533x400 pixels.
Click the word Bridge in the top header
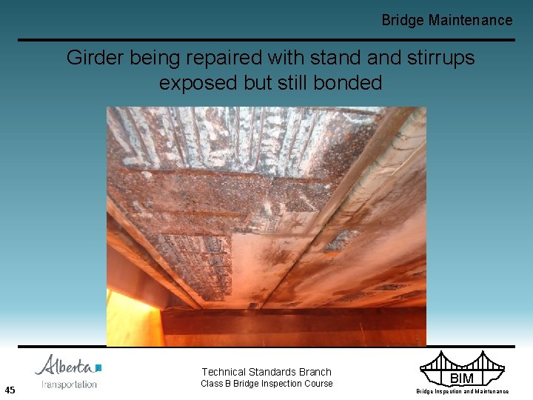pyautogui.click(x=403, y=21)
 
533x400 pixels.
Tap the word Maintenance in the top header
pyautogui.click(x=470, y=21)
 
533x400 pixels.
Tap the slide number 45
pyautogui.click(x=10, y=390)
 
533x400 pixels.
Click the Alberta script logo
pyautogui.click(x=65, y=366)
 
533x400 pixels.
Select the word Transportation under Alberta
pyautogui.click(x=70, y=384)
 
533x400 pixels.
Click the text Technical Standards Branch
pyautogui.click(x=266, y=372)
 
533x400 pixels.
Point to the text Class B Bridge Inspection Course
pyautogui.click(x=266, y=384)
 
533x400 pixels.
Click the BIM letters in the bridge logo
pyautogui.click(x=462, y=379)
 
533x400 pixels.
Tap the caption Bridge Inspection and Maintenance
pyautogui.click(x=462, y=391)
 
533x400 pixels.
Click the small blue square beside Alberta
pyautogui.click(x=98, y=367)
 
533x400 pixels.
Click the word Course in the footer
pyautogui.click(x=317, y=384)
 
